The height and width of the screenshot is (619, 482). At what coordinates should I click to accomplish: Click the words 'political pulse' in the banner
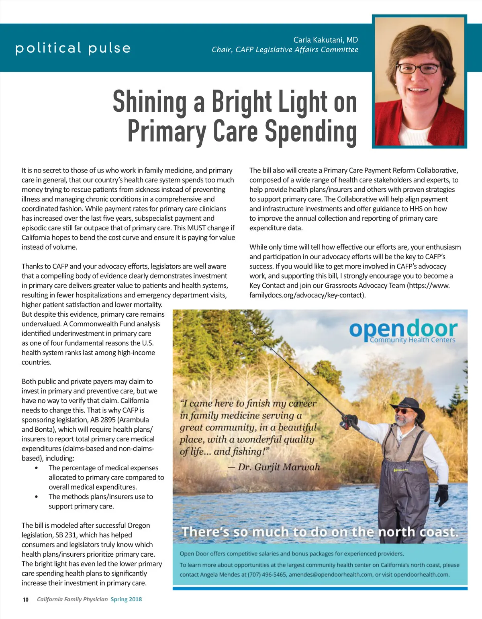tap(73, 48)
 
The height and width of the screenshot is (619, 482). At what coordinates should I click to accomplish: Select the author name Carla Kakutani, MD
tap(325, 40)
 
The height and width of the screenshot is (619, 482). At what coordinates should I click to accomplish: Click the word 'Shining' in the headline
tap(149, 102)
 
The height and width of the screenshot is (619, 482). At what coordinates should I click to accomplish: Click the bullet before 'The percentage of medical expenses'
tap(37, 468)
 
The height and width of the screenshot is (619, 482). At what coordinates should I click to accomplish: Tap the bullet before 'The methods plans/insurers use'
tap(37, 497)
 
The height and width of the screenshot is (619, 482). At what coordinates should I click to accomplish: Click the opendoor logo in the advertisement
tap(403, 331)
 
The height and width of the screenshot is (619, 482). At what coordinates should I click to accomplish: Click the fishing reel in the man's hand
tap(347, 422)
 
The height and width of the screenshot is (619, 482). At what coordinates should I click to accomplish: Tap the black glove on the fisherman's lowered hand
tap(442, 495)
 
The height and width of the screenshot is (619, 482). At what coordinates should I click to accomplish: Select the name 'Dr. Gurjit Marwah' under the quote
tap(279, 467)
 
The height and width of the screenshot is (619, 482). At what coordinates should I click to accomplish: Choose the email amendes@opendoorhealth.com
tap(331, 575)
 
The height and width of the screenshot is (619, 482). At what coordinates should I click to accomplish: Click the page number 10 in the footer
tap(26, 600)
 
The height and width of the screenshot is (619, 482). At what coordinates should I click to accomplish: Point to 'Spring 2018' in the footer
tap(126, 599)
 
